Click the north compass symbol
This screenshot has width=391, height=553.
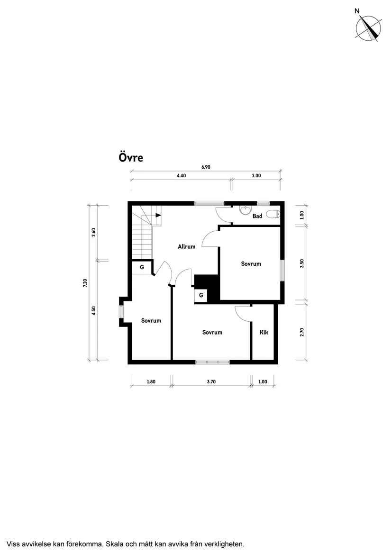coord(369,28)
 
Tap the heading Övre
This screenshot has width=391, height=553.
coord(130,158)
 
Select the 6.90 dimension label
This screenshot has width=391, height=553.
coord(206,167)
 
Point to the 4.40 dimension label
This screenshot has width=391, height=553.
coord(181,175)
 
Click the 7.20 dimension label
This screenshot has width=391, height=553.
coord(85,283)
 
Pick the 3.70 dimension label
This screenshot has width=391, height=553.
coord(211,381)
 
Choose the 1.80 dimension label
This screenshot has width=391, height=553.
coord(151,381)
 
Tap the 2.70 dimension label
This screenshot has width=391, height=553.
coord(301,332)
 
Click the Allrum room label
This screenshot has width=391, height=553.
coord(187,246)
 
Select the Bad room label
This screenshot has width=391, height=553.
coord(257,216)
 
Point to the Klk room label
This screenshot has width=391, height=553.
coord(264,332)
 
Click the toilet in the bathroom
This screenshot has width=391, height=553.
coord(273,214)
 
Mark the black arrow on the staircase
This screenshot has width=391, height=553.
coord(158,215)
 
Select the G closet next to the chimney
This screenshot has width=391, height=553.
coord(201,295)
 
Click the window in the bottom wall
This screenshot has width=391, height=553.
coord(213,362)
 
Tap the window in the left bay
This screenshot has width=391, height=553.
coord(121,312)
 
